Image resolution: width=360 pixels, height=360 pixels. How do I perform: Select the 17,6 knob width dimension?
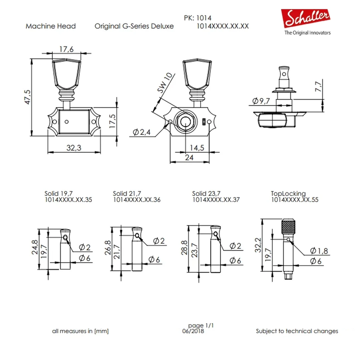coord(66,49)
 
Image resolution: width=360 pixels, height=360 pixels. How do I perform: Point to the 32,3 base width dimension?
coord(74,148)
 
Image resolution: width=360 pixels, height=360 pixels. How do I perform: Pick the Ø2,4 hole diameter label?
coord(142,132)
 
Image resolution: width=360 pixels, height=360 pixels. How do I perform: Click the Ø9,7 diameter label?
coord(261,101)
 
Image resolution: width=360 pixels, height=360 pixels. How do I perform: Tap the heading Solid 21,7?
coord(127,193)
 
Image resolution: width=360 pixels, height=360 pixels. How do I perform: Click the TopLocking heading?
coord(288,193)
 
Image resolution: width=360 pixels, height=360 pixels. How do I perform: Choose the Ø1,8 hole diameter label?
coord(319,251)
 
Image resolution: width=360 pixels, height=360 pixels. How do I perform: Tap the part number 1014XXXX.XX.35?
coord(68,200)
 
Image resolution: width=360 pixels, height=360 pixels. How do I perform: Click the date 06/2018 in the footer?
coord(193,331)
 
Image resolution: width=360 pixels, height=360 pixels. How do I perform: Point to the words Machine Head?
coord(51,26)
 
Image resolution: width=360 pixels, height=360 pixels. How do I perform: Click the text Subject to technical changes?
coord(297,331)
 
